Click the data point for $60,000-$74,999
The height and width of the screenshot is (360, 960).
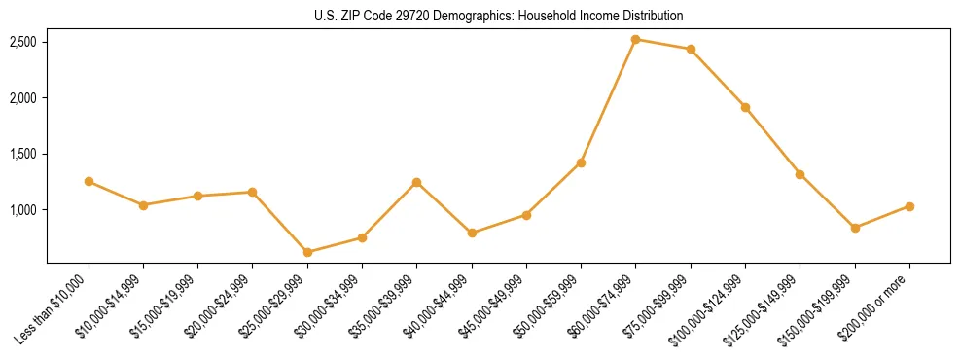click(635, 40)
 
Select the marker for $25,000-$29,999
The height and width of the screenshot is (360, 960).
click(307, 252)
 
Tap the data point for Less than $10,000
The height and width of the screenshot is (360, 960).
click(89, 181)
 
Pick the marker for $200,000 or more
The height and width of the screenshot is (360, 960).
click(909, 206)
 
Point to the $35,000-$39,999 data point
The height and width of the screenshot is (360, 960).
click(416, 182)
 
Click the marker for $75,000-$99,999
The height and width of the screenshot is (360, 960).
click(691, 49)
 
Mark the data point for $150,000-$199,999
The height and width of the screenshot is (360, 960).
click(855, 228)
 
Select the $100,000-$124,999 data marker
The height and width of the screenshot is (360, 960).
click(745, 107)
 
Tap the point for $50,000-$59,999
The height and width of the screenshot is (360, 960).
click(581, 162)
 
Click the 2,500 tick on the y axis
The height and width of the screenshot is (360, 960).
click(23, 42)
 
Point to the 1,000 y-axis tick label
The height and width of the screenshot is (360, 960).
click(23, 210)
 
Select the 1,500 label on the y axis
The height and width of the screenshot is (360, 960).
click(23, 154)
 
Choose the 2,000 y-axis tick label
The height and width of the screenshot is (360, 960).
click(23, 98)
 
